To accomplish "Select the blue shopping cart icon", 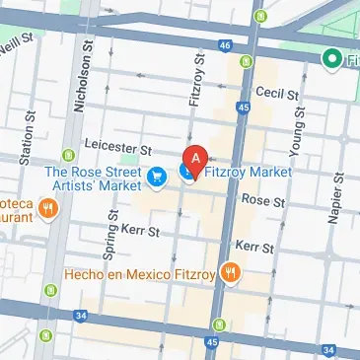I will click(x=156, y=177).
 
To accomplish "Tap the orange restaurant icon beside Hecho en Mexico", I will click(x=231, y=272).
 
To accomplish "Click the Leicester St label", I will click(x=118, y=149).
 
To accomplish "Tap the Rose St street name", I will click(x=264, y=201).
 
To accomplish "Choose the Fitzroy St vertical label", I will click(x=194, y=86).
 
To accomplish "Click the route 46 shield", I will click(x=225, y=45).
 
